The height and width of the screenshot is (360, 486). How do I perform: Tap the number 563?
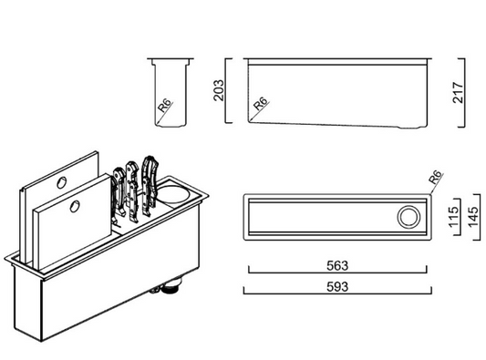coord(336,266)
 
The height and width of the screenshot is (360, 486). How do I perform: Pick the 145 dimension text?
coord(471,217)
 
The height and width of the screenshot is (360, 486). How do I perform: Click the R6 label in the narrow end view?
coord(165,109)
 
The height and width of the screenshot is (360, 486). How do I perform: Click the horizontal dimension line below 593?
coord(336,293)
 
